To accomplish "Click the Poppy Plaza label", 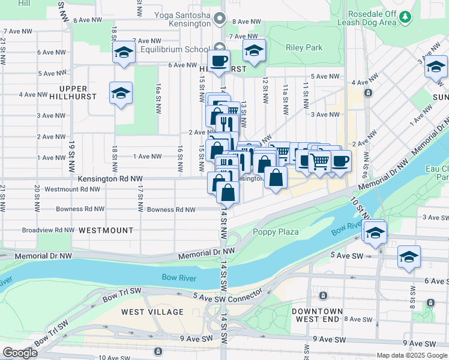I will click(276, 232).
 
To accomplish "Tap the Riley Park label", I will click(304, 47).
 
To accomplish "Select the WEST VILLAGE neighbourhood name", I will click(152, 312).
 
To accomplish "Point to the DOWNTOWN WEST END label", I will click(318, 315).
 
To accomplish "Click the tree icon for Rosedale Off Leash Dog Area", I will click(406, 17).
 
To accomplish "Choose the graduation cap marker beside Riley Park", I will click(255, 52).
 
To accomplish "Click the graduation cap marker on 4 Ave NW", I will click(121, 93).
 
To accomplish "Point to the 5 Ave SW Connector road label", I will click(228, 295).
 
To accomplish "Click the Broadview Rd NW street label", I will click(47, 230).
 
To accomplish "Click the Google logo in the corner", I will click(20, 353).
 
